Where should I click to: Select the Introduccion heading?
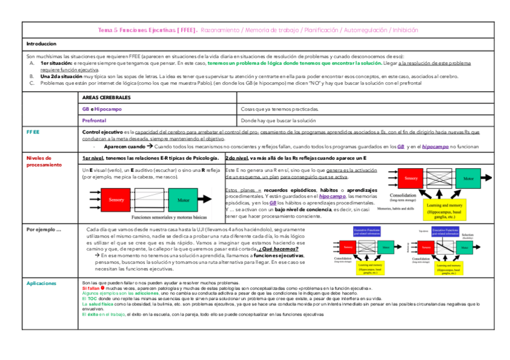pyautogui.click(x=41, y=44)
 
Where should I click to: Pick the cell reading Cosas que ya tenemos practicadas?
pyautogui.click(x=280, y=109)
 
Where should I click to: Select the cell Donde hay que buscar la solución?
pyautogui.click(x=278, y=121)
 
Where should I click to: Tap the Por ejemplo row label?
pyautogui.click(x=44, y=229)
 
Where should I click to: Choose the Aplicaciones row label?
pyautogui.click(x=41, y=282)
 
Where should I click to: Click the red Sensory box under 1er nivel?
pyautogui.click(x=116, y=200)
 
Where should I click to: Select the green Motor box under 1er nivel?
pyautogui.click(x=183, y=200)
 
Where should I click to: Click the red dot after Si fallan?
pyautogui.click(x=103, y=288)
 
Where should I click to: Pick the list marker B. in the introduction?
pyautogui.click(x=31, y=77)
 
